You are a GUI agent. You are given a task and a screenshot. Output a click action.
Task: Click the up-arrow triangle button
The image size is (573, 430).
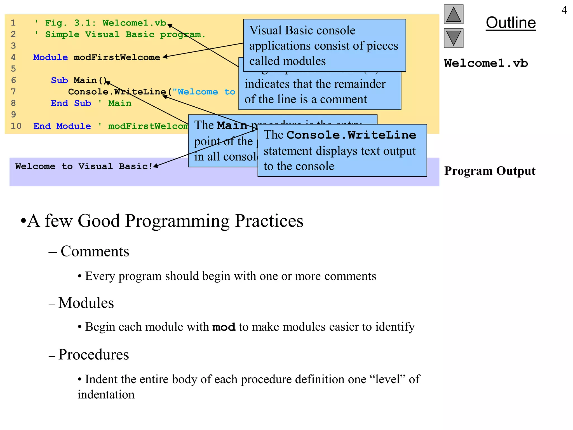coord(453,15)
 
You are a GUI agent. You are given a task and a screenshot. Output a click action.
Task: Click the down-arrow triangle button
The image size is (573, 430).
coord(453,38)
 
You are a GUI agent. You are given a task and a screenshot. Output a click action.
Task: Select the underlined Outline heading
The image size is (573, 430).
coord(511,23)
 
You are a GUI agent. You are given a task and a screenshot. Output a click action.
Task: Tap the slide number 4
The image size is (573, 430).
coord(564,10)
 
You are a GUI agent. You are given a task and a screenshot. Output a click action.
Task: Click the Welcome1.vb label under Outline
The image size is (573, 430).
coord(486,63)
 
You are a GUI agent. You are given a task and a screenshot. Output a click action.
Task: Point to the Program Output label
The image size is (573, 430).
coord(490,171)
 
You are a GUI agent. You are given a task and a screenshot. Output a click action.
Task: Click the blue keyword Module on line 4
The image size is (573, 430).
coord(50,57)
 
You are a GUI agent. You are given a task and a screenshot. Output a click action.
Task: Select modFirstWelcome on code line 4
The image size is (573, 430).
coord(117,57)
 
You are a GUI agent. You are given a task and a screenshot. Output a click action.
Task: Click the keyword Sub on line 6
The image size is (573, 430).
coord(59,80)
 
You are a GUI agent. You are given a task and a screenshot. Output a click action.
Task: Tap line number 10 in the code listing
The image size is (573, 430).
coord(16,126)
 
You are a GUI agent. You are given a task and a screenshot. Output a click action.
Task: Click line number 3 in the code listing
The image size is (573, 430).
coord(13,46)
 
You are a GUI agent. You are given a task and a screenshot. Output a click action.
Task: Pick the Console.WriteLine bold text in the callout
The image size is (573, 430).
coord(351,135)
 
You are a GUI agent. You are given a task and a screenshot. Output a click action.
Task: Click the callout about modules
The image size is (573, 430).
coord(324,45)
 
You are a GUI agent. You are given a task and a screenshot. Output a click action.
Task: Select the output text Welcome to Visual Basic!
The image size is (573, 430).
coord(84,166)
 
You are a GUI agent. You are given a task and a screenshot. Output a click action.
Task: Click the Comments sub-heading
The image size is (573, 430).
coord(95,251)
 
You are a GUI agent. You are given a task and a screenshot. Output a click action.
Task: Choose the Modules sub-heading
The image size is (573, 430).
coord(86,303)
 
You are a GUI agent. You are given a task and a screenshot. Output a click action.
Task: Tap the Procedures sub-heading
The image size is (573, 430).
coord(93,354)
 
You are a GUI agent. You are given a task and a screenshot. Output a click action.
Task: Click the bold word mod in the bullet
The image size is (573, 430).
coord(224,327)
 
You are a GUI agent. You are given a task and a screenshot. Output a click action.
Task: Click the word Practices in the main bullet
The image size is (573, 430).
coord(269,221)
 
